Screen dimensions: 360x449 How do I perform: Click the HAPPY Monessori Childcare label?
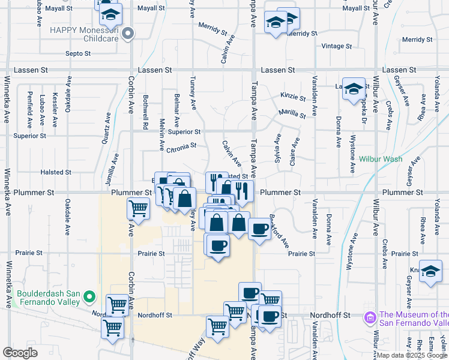click(x=84, y=34)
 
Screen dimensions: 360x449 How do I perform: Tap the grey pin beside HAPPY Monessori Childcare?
click(x=127, y=35)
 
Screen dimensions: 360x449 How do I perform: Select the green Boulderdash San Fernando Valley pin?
click(x=89, y=296)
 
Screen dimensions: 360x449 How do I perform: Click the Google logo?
click(x=20, y=353)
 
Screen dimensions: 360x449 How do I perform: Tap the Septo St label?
click(x=77, y=53)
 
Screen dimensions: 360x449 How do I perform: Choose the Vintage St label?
click(x=337, y=46)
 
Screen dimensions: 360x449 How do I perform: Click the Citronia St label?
click(x=181, y=146)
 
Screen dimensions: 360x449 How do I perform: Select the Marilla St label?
click(x=292, y=113)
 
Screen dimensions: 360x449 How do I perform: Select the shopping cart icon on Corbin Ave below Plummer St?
click(x=138, y=209)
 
